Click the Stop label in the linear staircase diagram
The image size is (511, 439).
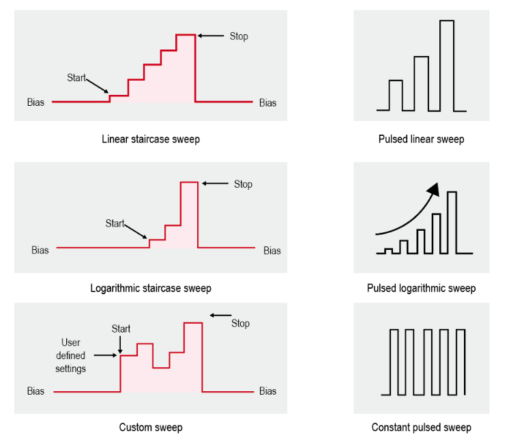click(239, 36)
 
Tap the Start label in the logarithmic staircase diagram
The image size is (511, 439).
click(115, 223)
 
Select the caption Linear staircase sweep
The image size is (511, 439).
click(151, 139)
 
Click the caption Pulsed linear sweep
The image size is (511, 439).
click(422, 139)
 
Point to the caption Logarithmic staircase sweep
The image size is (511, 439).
click(151, 288)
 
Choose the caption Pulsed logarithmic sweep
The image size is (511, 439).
click(422, 288)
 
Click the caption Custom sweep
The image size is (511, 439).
click(151, 427)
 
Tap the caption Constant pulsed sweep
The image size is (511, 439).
click(422, 427)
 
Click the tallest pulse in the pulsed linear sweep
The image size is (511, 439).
click(447, 21)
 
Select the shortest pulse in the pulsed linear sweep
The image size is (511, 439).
click(396, 81)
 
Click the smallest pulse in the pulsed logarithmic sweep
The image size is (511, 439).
click(388, 249)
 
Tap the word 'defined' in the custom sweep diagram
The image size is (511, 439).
click(70, 356)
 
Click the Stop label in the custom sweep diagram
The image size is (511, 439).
click(241, 323)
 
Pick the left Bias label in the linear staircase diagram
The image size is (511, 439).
click(35, 102)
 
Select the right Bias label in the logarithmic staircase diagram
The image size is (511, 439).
click(272, 251)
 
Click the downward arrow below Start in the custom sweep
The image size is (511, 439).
click(120, 345)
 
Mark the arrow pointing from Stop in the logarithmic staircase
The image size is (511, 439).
click(215, 184)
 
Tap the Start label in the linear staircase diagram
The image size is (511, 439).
click(76, 78)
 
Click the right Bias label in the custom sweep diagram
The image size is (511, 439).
click(268, 391)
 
